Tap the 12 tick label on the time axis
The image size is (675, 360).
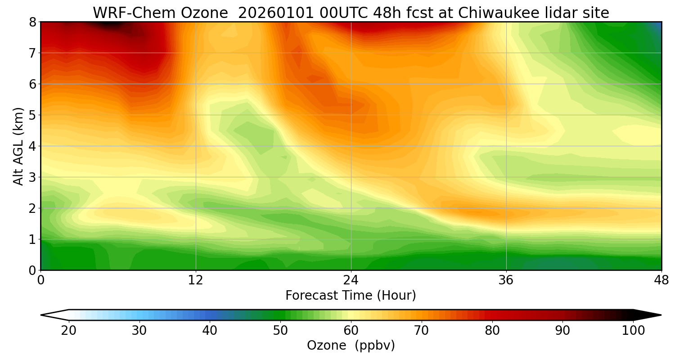coord(196,280)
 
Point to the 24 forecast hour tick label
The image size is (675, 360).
coord(351,280)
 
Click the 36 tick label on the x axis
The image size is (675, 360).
coord(506,280)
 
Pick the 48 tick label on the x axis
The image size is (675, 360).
coord(661,280)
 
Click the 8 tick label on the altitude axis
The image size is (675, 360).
coord(33,22)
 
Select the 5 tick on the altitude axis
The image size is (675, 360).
coord(33,115)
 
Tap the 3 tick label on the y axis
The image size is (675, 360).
coord(33,177)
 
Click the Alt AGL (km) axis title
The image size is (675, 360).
coord(18,146)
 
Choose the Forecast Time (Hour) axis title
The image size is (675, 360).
coord(351,296)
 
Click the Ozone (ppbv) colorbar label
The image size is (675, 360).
coord(351,346)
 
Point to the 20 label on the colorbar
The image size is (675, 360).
coord(69,331)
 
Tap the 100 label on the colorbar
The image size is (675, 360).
coord(633,331)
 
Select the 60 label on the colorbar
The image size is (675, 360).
coord(351,331)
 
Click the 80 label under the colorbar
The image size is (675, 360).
coord(492,331)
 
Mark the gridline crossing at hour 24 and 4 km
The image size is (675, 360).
coord(351,146)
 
